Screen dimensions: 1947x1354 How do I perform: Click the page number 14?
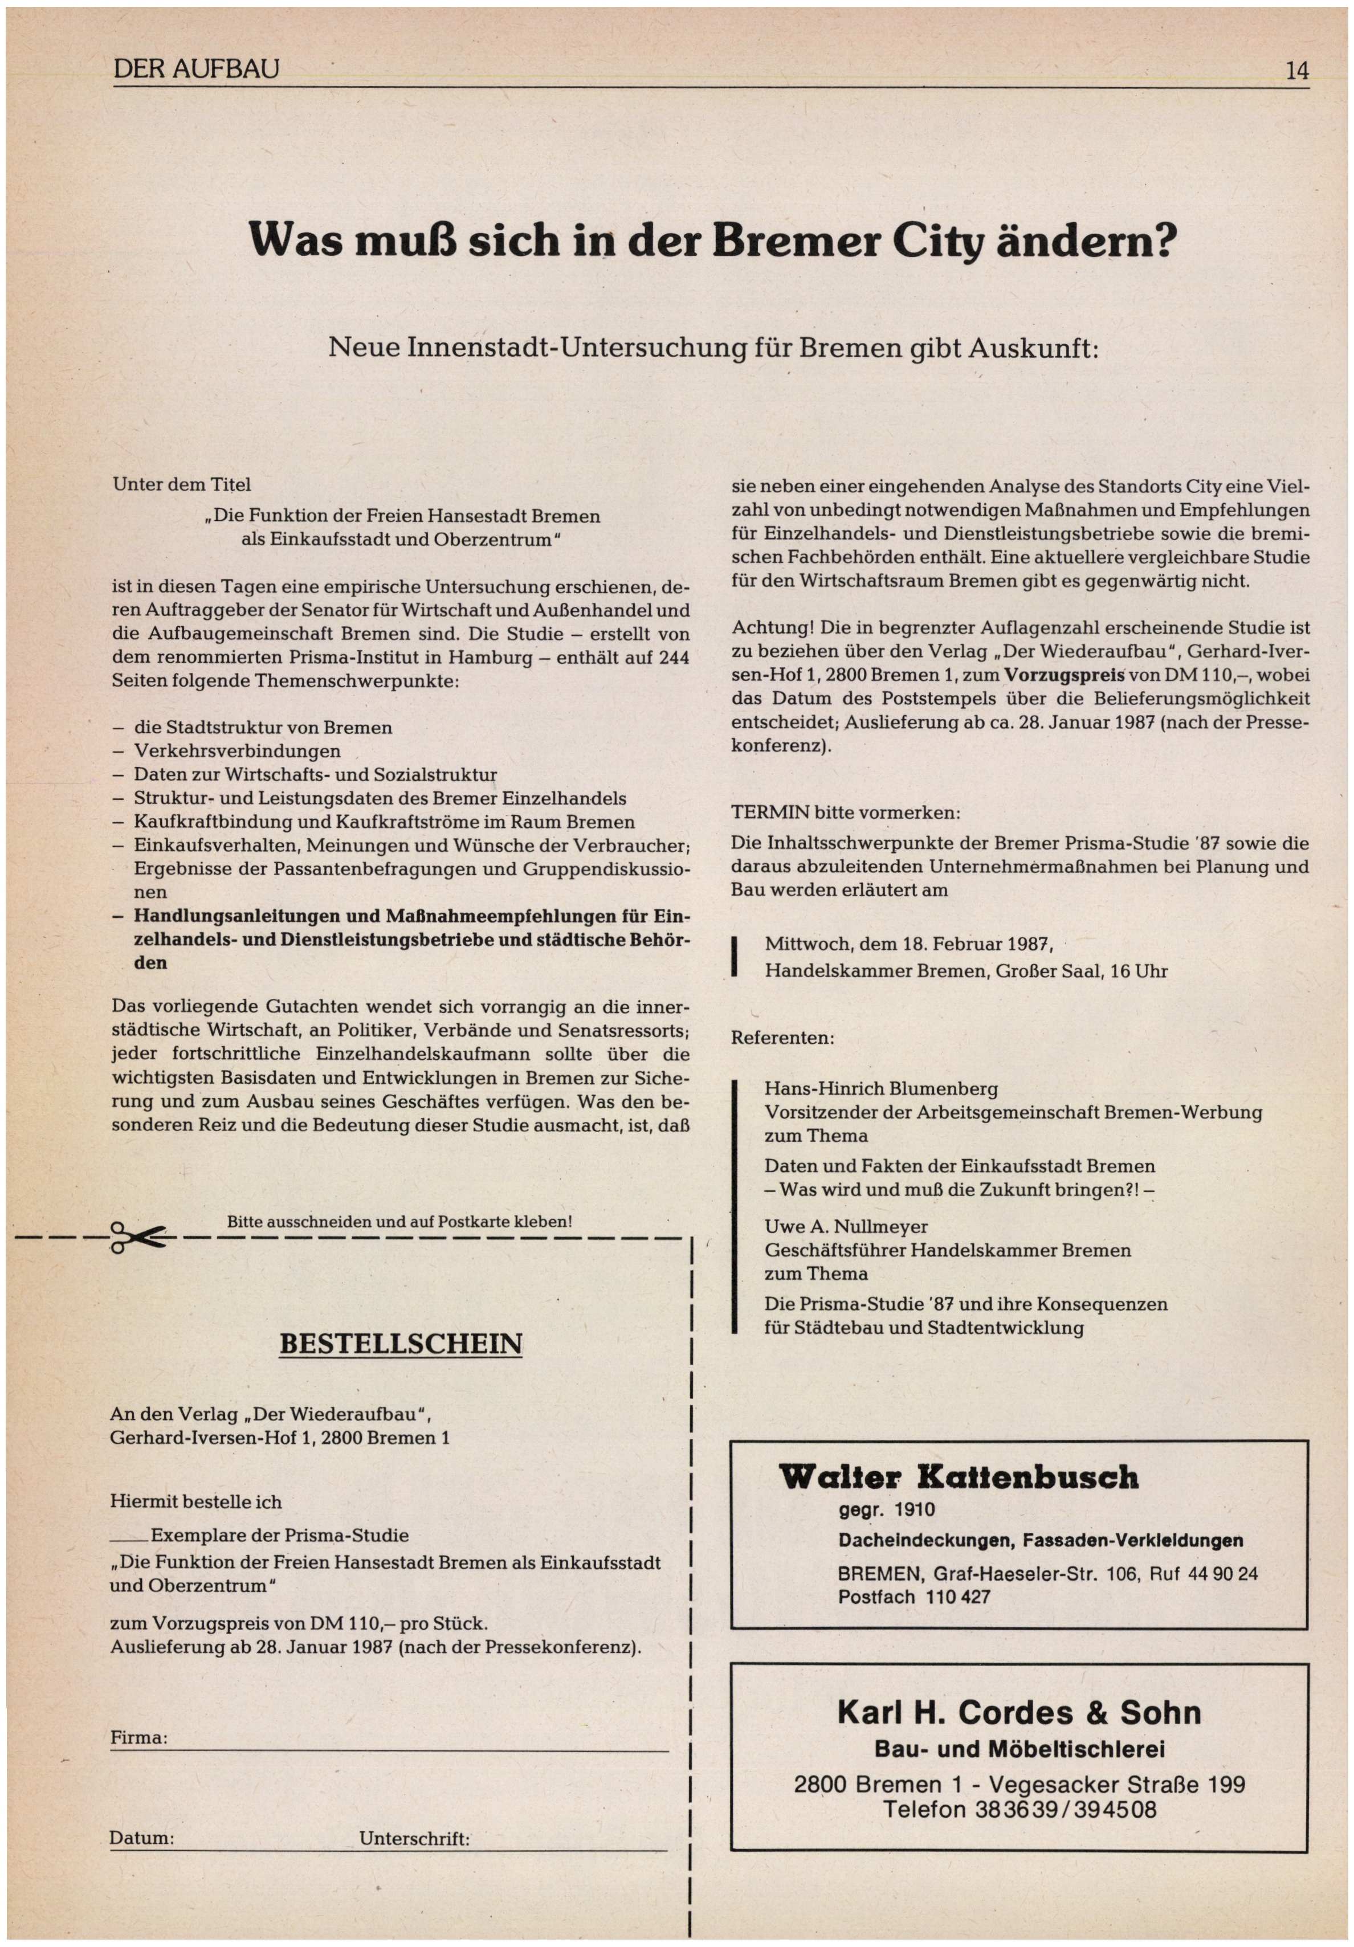pos(1296,71)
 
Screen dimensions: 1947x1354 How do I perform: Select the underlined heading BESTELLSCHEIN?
pos(400,1344)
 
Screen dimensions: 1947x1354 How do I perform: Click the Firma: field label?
pos(139,1737)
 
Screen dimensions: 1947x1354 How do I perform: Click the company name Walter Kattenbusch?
pos(958,1477)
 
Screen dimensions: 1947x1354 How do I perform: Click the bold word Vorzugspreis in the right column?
pos(1064,675)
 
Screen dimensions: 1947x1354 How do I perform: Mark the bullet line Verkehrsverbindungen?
pos(238,752)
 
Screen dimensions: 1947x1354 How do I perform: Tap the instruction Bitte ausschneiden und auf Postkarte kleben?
pos(399,1222)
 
